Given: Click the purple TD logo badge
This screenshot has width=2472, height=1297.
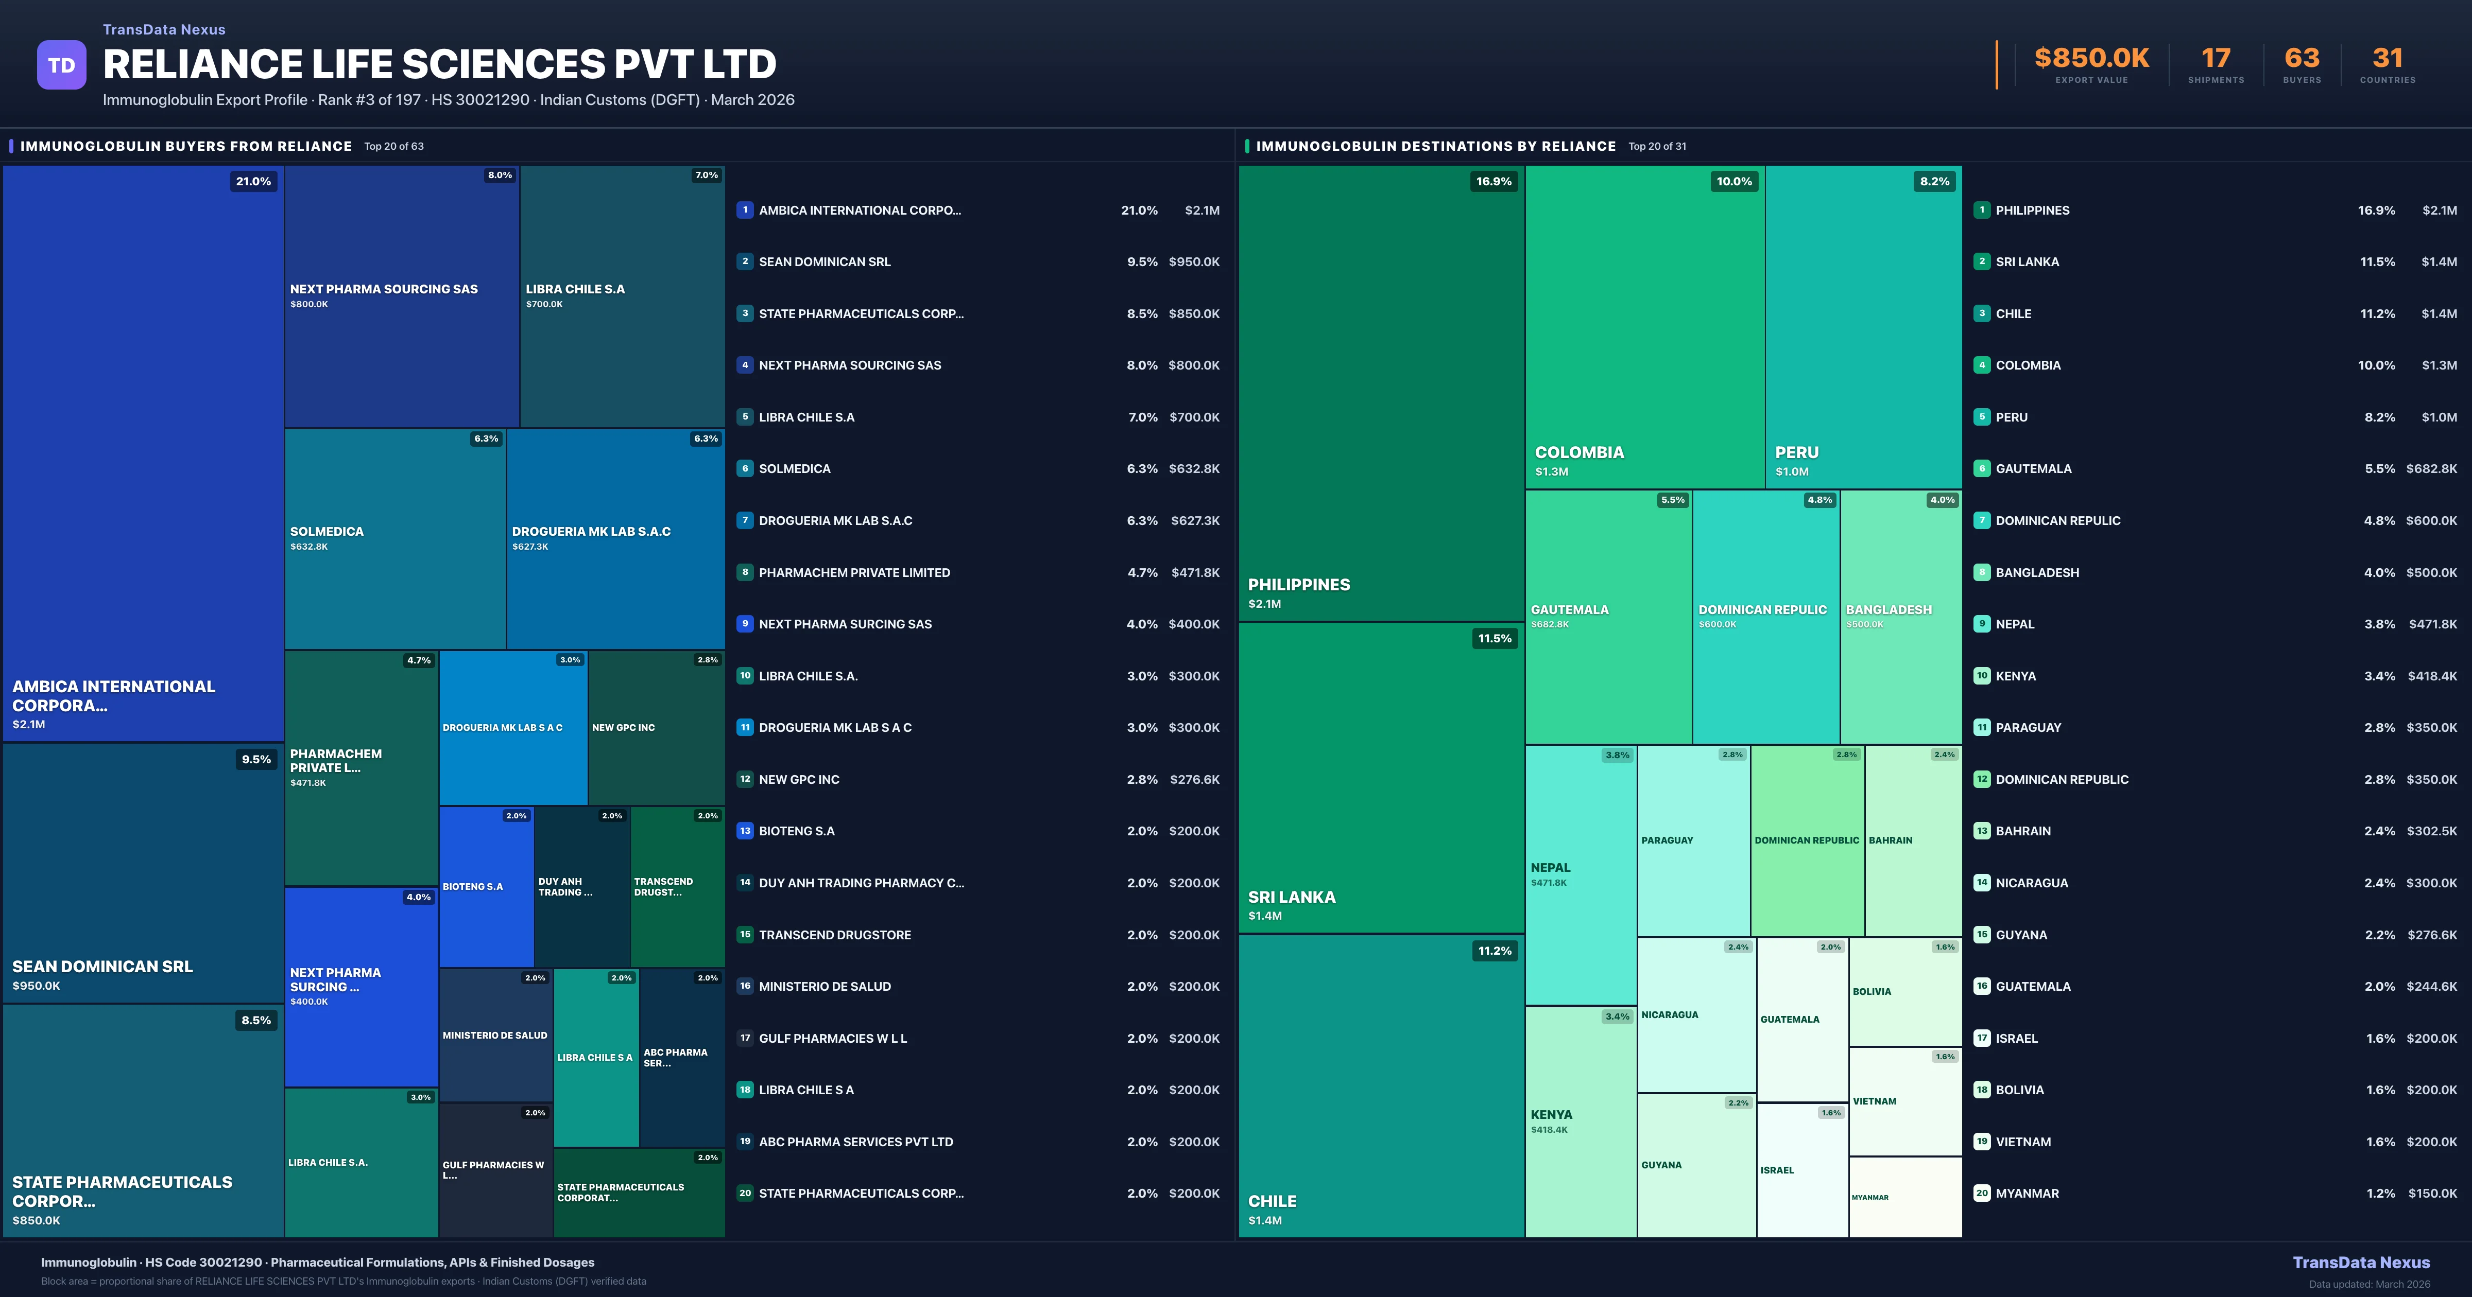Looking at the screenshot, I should coord(61,65).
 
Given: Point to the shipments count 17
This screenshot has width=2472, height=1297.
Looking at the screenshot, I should coord(2215,59).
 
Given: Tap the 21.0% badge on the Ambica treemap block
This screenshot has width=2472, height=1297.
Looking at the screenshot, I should coord(253,181).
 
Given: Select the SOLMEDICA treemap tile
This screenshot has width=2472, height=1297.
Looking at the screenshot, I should coord(394,538).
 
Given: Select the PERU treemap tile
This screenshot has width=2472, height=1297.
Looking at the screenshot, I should coord(1863,326).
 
